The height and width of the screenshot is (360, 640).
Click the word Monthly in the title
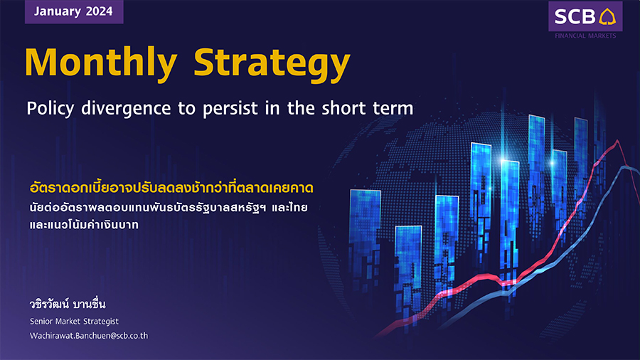tap(101, 63)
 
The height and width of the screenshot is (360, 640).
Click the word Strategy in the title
tap(272, 63)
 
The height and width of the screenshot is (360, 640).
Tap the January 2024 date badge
tap(74, 11)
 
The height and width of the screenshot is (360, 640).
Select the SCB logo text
tap(575, 17)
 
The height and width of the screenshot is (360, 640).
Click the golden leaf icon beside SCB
tap(607, 16)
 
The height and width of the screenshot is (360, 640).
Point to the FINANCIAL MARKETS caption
tap(585, 36)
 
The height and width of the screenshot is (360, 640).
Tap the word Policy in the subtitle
tap(50, 109)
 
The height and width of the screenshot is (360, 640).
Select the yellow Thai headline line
tap(171, 188)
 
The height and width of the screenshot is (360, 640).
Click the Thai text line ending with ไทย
tap(169, 207)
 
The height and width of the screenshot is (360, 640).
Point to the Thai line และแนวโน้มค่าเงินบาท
tap(84, 225)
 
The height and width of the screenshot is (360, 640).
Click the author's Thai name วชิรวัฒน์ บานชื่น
tap(68, 304)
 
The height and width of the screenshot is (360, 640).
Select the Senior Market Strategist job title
tap(74, 321)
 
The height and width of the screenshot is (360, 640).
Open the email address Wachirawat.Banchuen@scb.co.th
tap(89, 336)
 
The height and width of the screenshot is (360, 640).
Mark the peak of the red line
tap(617, 140)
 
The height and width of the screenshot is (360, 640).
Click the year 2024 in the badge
tap(99, 11)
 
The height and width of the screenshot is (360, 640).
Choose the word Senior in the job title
tap(41, 321)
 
